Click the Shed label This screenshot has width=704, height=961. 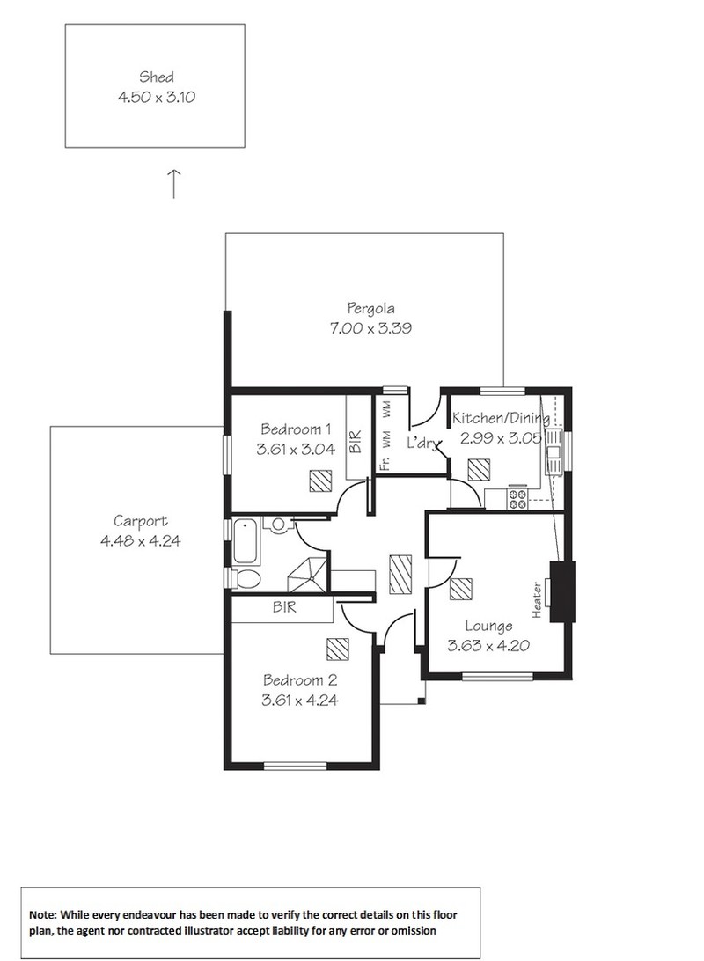pos(157,77)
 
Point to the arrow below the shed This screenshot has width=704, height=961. pos(174,184)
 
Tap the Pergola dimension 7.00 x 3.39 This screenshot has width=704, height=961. pos(370,328)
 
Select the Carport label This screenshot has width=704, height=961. pos(140,521)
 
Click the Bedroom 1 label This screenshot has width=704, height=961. pos(296,429)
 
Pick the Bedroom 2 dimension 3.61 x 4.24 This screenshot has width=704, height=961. pos(299,700)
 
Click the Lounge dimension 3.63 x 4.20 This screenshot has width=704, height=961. pos(488,645)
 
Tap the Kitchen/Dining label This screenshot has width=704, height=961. pos(501,419)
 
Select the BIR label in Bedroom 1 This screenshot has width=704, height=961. pos(356,441)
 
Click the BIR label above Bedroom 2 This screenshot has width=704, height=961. pos(284,606)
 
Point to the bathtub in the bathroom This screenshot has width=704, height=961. pos(246,541)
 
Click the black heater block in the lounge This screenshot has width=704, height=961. pos(562,591)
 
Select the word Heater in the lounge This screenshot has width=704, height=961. pos(537,600)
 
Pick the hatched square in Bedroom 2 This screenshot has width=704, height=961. pos(338,649)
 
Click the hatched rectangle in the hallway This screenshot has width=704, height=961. pos(400,575)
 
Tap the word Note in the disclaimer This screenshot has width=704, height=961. pos(43,915)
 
